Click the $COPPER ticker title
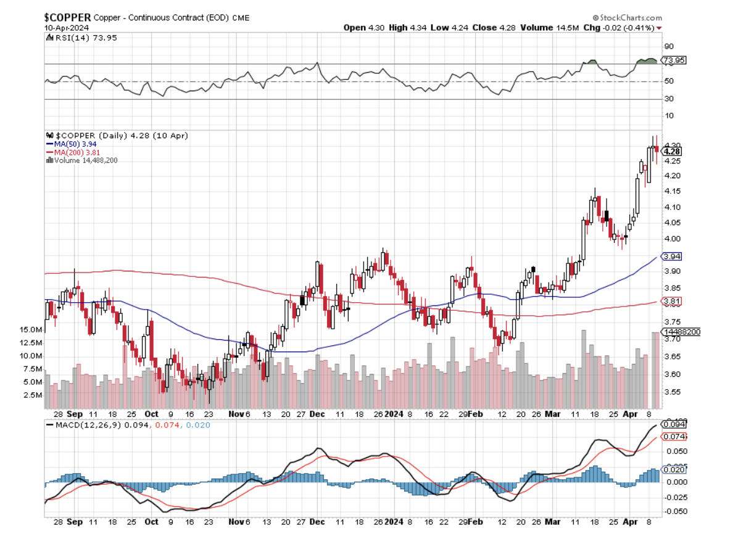[x=68, y=17]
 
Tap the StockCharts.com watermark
[x=627, y=18]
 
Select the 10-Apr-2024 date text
[x=66, y=28]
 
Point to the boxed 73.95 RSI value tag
[x=673, y=60]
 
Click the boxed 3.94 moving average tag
[x=671, y=256]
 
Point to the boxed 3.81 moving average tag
[x=671, y=302]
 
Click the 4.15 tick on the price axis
[x=671, y=191]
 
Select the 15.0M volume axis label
[x=31, y=330]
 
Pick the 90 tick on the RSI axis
[x=668, y=46]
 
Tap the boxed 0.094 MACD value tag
[x=673, y=424]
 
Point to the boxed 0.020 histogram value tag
[x=673, y=470]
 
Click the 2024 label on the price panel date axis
[x=394, y=415]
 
